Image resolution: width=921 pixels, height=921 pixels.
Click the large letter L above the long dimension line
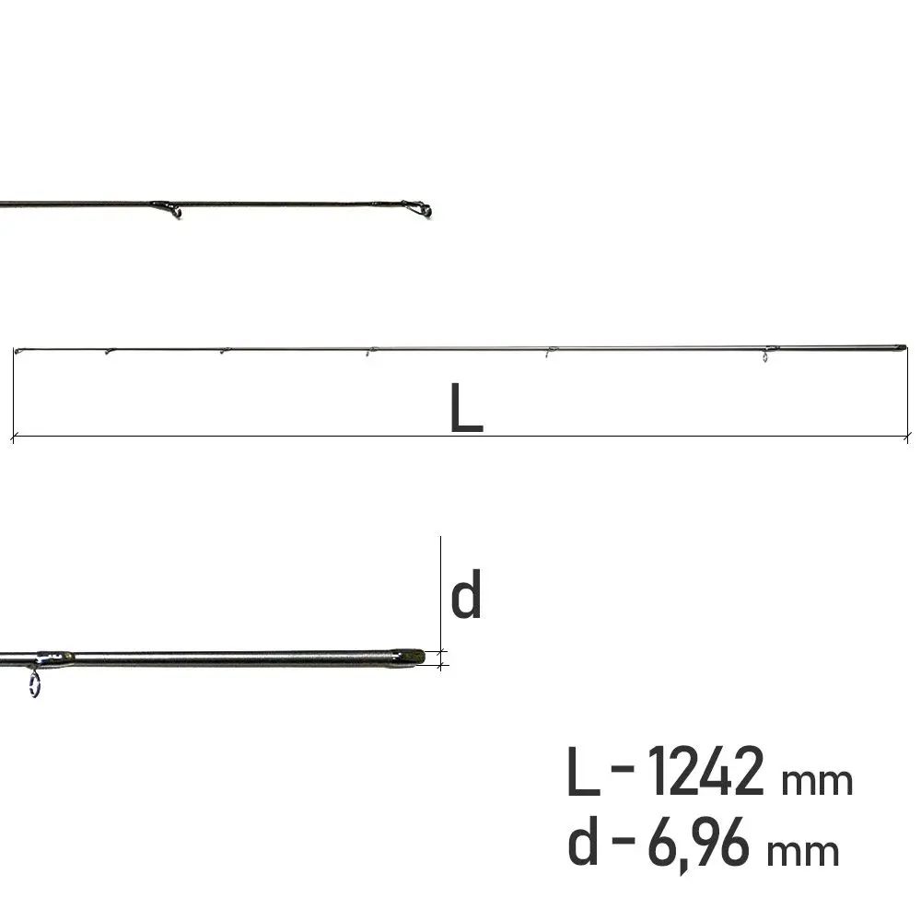(466, 408)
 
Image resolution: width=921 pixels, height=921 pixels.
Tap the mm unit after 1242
(816, 781)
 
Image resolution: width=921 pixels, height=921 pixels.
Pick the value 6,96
(698, 843)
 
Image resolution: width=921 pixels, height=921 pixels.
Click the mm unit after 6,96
(803, 852)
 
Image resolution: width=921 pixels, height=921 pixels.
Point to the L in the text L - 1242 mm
(584, 771)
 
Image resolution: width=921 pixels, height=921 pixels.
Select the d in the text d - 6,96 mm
(583, 840)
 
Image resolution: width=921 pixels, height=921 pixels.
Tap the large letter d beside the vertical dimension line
(466, 593)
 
